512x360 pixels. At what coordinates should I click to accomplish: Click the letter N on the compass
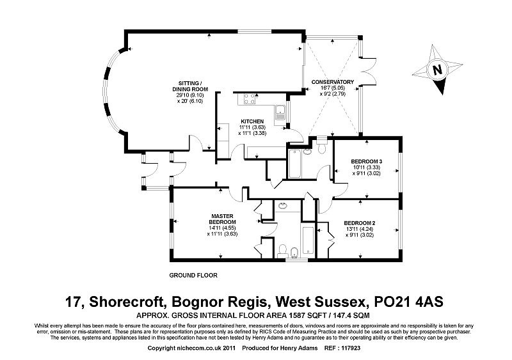pyautogui.click(x=437, y=70)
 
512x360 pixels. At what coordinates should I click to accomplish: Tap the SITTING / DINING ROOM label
pyautogui.click(x=190, y=86)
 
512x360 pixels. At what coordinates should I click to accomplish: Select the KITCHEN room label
pyautogui.click(x=252, y=121)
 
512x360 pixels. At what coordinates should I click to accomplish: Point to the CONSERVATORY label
pyautogui.click(x=332, y=82)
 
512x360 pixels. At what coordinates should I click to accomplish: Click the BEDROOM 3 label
pyautogui.click(x=366, y=161)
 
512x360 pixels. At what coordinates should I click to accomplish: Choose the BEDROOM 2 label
pyautogui.click(x=360, y=223)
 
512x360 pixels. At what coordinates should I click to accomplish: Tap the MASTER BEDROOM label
pyautogui.click(x=222, y=219)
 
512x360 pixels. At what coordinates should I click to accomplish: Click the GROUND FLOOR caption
pyautogui.click(x=193, y=275)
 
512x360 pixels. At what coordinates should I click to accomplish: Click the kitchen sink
pyautogui.click(x=280, y=112)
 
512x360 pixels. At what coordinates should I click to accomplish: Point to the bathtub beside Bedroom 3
pyautogui.click(x=295, y=164)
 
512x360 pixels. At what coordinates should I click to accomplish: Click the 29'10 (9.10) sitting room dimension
pyautogui.click(x=190, y=95)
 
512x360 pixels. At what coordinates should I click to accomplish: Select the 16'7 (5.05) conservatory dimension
pyautogui.click(x=332, y=88)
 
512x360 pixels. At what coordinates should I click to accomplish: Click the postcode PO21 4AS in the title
pyautogui.click(x=408, y=302)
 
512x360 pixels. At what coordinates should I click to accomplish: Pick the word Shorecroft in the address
pyautogui.click(x=127, y=302)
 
